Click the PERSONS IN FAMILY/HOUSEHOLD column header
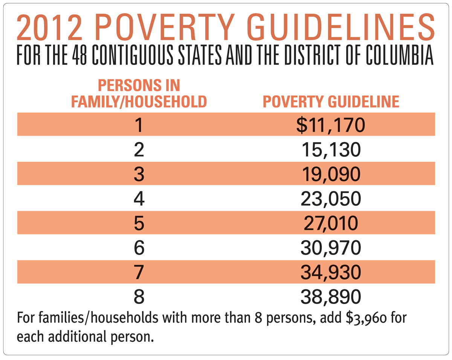(139, 94)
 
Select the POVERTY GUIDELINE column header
(331, 102)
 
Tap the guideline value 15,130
(331, 150)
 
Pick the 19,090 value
(331, 174)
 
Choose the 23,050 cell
(331, 199)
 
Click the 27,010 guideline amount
(331, 223)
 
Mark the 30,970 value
(331, 248)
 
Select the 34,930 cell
(331, 272)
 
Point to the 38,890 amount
(331, 297)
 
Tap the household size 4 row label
(139, 199)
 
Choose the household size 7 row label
(139, 272)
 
